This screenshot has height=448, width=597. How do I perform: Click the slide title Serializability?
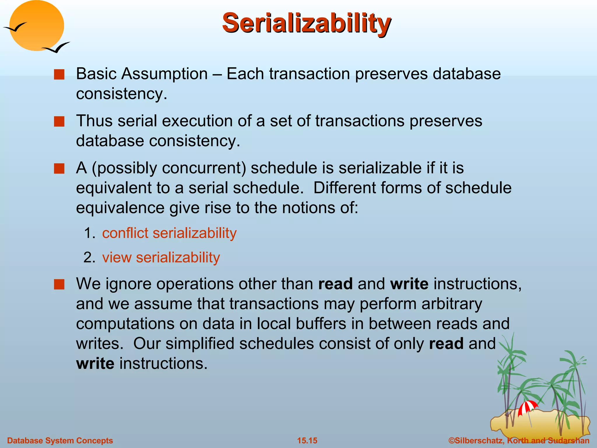click(x=306, y=23)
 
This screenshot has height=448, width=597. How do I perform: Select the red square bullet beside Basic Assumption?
click(x=59, y=75)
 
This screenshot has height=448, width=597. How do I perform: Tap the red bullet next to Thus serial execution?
click(x=59, y=122)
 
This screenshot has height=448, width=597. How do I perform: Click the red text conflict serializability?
click(x=169, y=233)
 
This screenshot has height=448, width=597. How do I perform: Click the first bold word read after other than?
click(x=335, y=284)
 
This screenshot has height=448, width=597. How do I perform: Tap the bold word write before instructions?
click(x=409, y=284)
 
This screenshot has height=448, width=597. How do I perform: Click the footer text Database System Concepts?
click(x=60, y=441)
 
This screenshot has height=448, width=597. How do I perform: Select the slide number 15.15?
click(x=307, y=441)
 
